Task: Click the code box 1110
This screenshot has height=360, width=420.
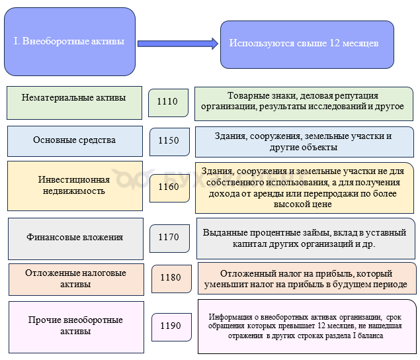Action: pos(168,103)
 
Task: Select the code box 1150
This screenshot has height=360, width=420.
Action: pos(169,142)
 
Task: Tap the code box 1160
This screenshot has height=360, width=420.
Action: pos(169,188)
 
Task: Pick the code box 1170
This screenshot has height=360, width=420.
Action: pos(169,238)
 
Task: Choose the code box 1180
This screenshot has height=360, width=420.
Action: pos(171,279)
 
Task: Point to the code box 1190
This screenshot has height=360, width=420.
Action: pos(171,327)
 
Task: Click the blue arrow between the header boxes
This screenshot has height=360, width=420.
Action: pos(178,44)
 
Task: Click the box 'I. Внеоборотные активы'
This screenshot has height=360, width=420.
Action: pos(69,42)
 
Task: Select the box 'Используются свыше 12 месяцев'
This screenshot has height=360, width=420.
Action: pos(307,44)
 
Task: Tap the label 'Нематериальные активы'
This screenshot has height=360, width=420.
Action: pos(74,97)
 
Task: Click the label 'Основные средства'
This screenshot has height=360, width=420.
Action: pos(75,140)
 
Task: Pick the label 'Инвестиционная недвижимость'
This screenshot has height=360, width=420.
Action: pos(74,185)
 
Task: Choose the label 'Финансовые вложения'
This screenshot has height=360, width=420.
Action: pos(75,237)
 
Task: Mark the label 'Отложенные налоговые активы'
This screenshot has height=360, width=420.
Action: pos(75,278)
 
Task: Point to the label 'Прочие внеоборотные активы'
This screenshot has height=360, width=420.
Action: pos(75,325)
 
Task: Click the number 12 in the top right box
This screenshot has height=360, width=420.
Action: pos(335,43)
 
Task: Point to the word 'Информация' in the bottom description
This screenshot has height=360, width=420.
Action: pos(230,317)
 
